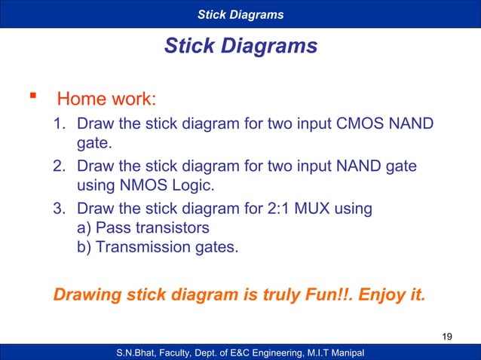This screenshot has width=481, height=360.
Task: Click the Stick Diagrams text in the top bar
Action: pos(240,14)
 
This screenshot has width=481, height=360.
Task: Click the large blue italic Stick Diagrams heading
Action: pos(240,47)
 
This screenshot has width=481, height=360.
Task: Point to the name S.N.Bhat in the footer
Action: pos(139,352)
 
